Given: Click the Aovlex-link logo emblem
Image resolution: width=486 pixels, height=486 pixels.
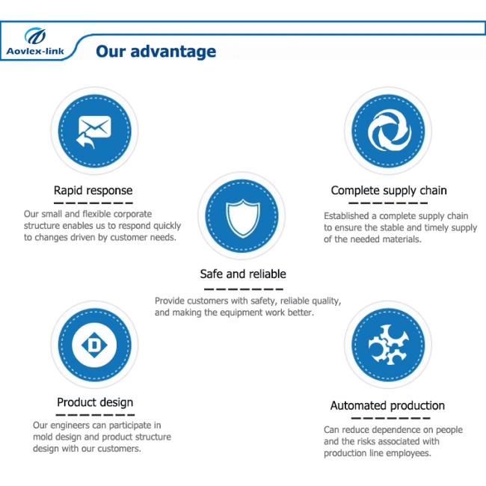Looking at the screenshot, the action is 35,36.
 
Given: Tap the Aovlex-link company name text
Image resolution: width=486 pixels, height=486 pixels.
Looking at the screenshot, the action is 35,51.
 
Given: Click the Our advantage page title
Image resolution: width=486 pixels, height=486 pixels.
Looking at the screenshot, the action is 156,52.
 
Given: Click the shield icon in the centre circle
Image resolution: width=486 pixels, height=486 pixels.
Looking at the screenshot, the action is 243,218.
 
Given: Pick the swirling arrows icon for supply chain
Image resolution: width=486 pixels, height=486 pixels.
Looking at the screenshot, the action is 389,131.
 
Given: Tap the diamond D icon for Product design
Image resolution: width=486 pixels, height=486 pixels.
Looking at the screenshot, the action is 94,345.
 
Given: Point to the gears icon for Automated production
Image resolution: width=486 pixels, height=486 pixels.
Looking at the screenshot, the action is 388,345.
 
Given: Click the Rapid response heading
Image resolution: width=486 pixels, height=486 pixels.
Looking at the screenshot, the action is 93,191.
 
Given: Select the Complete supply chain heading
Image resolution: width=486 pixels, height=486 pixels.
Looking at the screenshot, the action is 389,191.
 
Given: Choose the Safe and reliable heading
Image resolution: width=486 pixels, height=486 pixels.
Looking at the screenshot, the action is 243,274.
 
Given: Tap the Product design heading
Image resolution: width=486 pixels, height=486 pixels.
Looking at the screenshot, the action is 95,402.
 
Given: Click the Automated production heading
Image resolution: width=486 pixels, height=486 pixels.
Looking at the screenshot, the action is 387,405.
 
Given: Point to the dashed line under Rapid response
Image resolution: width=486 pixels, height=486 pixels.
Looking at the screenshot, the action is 93,203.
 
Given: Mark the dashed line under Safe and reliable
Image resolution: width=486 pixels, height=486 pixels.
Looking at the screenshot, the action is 244,289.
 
